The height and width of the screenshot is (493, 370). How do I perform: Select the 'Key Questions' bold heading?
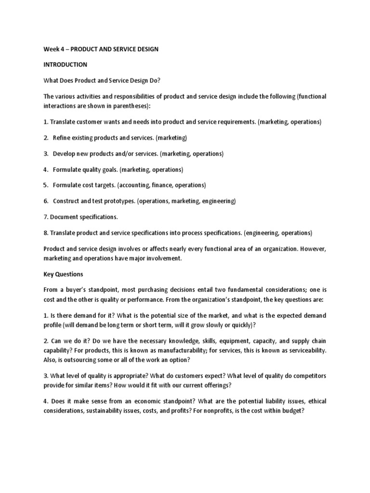(x=63, y=274)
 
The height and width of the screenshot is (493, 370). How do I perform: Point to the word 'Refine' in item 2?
(x=62, y=138)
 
